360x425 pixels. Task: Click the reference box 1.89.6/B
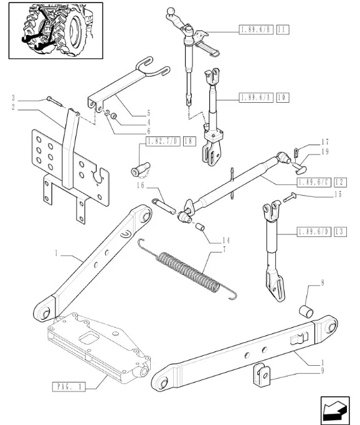tap(256, 29)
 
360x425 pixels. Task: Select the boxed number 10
tap(283, 98)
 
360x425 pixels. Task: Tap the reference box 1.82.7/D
tap(163, 141)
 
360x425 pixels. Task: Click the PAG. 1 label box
tap(69, 386)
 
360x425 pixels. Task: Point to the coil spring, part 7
tap(187, 272)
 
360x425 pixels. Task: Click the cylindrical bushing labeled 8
tap(306, 312)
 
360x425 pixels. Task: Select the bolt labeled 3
tap(54, 102)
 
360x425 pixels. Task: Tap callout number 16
tap(141, 186)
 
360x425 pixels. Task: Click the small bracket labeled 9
tap(262, 375)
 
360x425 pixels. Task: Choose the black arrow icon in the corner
tap(335, 411)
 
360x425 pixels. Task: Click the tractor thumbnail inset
tap(56, 31)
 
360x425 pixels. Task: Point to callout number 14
tap(226, 241)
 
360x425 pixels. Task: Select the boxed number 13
tap(340, 232)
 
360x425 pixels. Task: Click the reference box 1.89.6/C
tap(314, 183)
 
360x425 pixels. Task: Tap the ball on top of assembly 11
tap(171, 11)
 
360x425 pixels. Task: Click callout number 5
tap(148, 113)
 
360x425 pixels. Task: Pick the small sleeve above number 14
tap(200, 227)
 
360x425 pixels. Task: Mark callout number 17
tap(325, 142)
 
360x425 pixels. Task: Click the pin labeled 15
tap(290, 197)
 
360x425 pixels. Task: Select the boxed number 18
tap(189, 141)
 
